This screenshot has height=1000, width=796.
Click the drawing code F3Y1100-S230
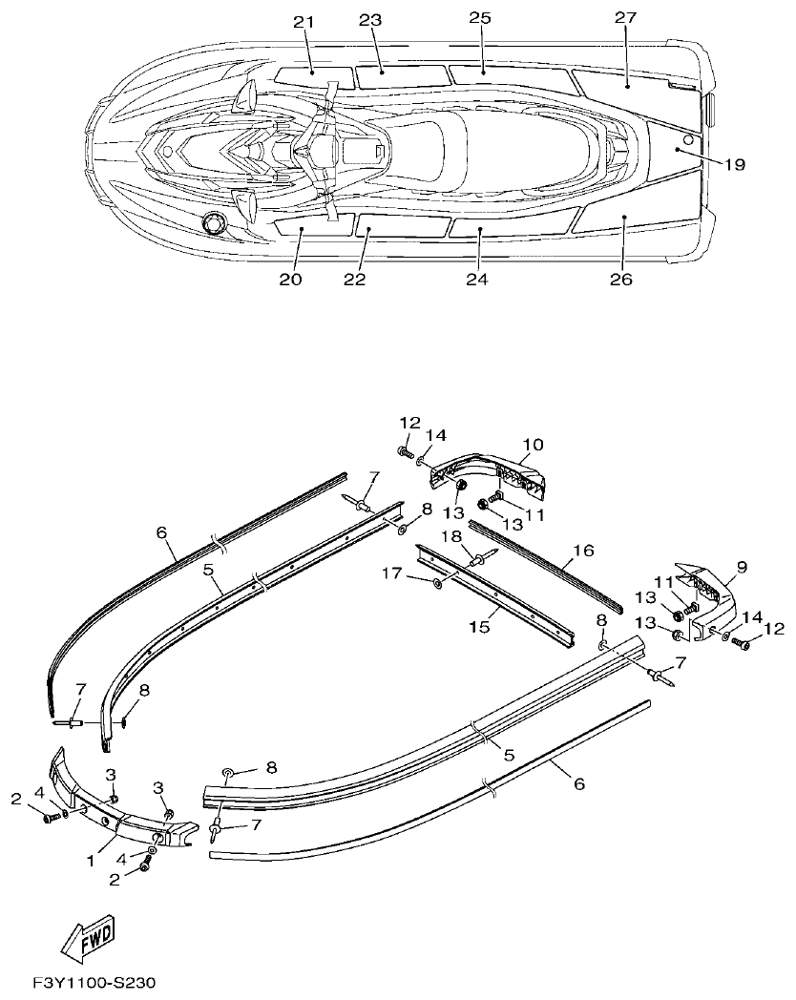click(x=94, y=983)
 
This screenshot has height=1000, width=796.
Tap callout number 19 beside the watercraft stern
click(x=732, y=164)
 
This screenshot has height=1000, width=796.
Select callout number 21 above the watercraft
click(x=304, y=22)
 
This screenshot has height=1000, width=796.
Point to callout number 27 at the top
click(x=625, y=18)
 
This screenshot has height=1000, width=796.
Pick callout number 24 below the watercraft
click(x=477, y=279)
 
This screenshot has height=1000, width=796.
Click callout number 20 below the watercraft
click(x=291, y=279)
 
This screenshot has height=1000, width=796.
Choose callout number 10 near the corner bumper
click(x=532, y=445)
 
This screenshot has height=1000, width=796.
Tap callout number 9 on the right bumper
click(x=741, y=567)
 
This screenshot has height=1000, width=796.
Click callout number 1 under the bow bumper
click(x=92, y=860)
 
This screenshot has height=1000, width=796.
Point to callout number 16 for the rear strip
click(x=583, y=552)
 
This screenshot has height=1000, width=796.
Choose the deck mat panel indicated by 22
click(x=402, y=226)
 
